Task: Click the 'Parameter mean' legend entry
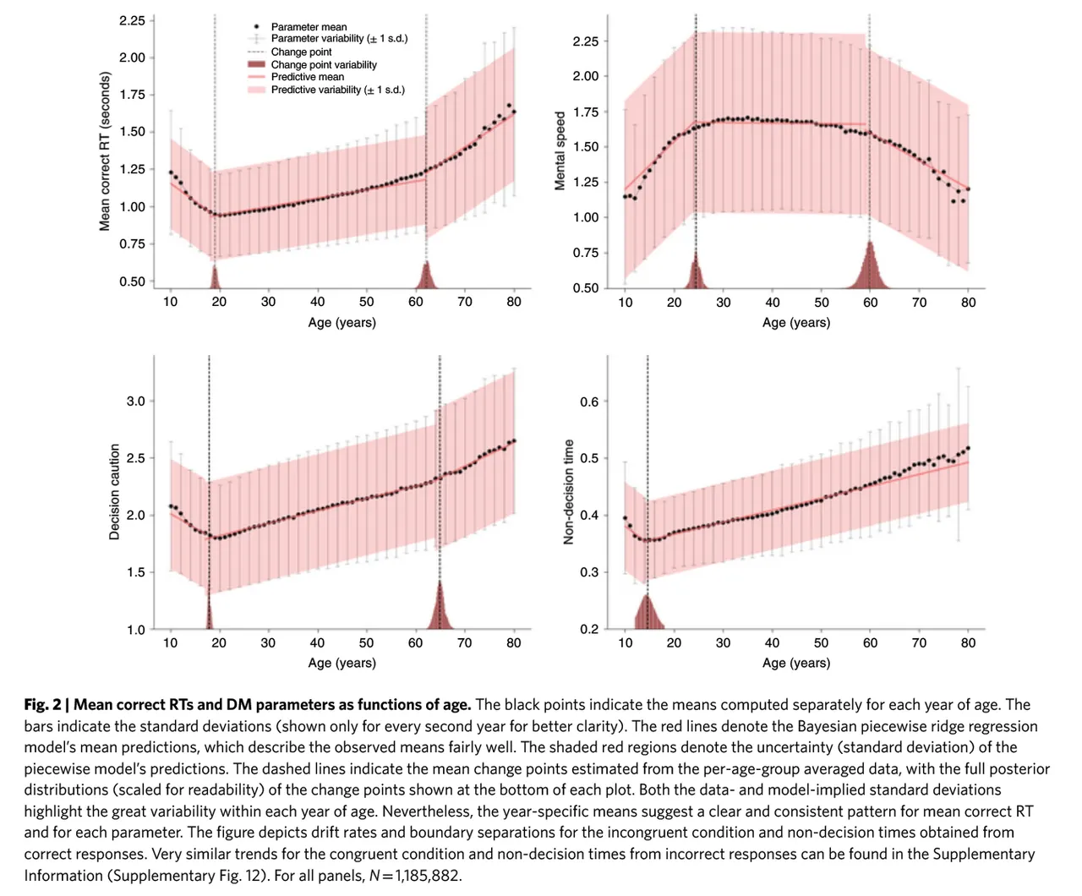tap(309, 27)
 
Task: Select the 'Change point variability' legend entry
tap(324, 65)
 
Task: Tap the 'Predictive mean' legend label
tap(308, 77)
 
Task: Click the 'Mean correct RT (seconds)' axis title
tap(105, 151)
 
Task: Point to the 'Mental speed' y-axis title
tap(560, 150)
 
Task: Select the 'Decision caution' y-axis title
tap(115, 492)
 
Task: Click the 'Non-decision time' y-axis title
tap(569, 492)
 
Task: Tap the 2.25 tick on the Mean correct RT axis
tap(132, 20)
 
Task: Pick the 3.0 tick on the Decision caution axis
tap(136, 402)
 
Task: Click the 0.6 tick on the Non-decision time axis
tap(589, 402)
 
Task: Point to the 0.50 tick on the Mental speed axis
tap(586, 288)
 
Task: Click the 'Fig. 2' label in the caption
tap(42, 705)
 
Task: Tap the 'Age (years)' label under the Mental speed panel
tap(796, 323)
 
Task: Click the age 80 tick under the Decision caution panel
tap(514, 643)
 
